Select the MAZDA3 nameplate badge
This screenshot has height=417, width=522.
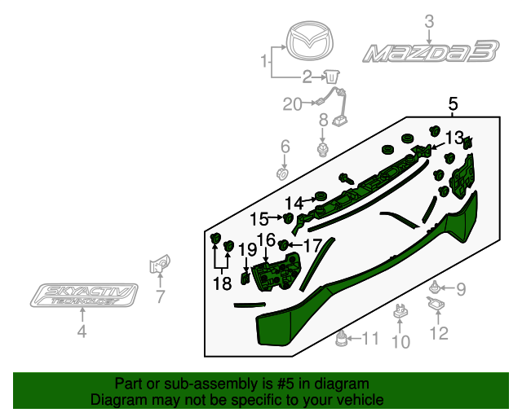[430, 54]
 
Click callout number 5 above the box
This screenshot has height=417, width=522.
[453, 104]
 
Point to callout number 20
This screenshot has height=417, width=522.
[292, 103]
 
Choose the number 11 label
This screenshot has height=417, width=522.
[370, 338]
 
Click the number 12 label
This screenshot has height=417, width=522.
[439, 332]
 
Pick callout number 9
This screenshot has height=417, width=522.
[460, 288]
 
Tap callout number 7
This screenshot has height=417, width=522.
[160, 296]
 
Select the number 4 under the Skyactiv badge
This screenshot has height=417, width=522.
[82, 331]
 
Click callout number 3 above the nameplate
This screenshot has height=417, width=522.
[429, 23]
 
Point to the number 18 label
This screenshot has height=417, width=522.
[223, 283]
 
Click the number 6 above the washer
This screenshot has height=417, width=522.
[285, 147]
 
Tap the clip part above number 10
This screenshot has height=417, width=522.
[400, 310]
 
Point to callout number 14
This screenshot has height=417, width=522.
[294, 203]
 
